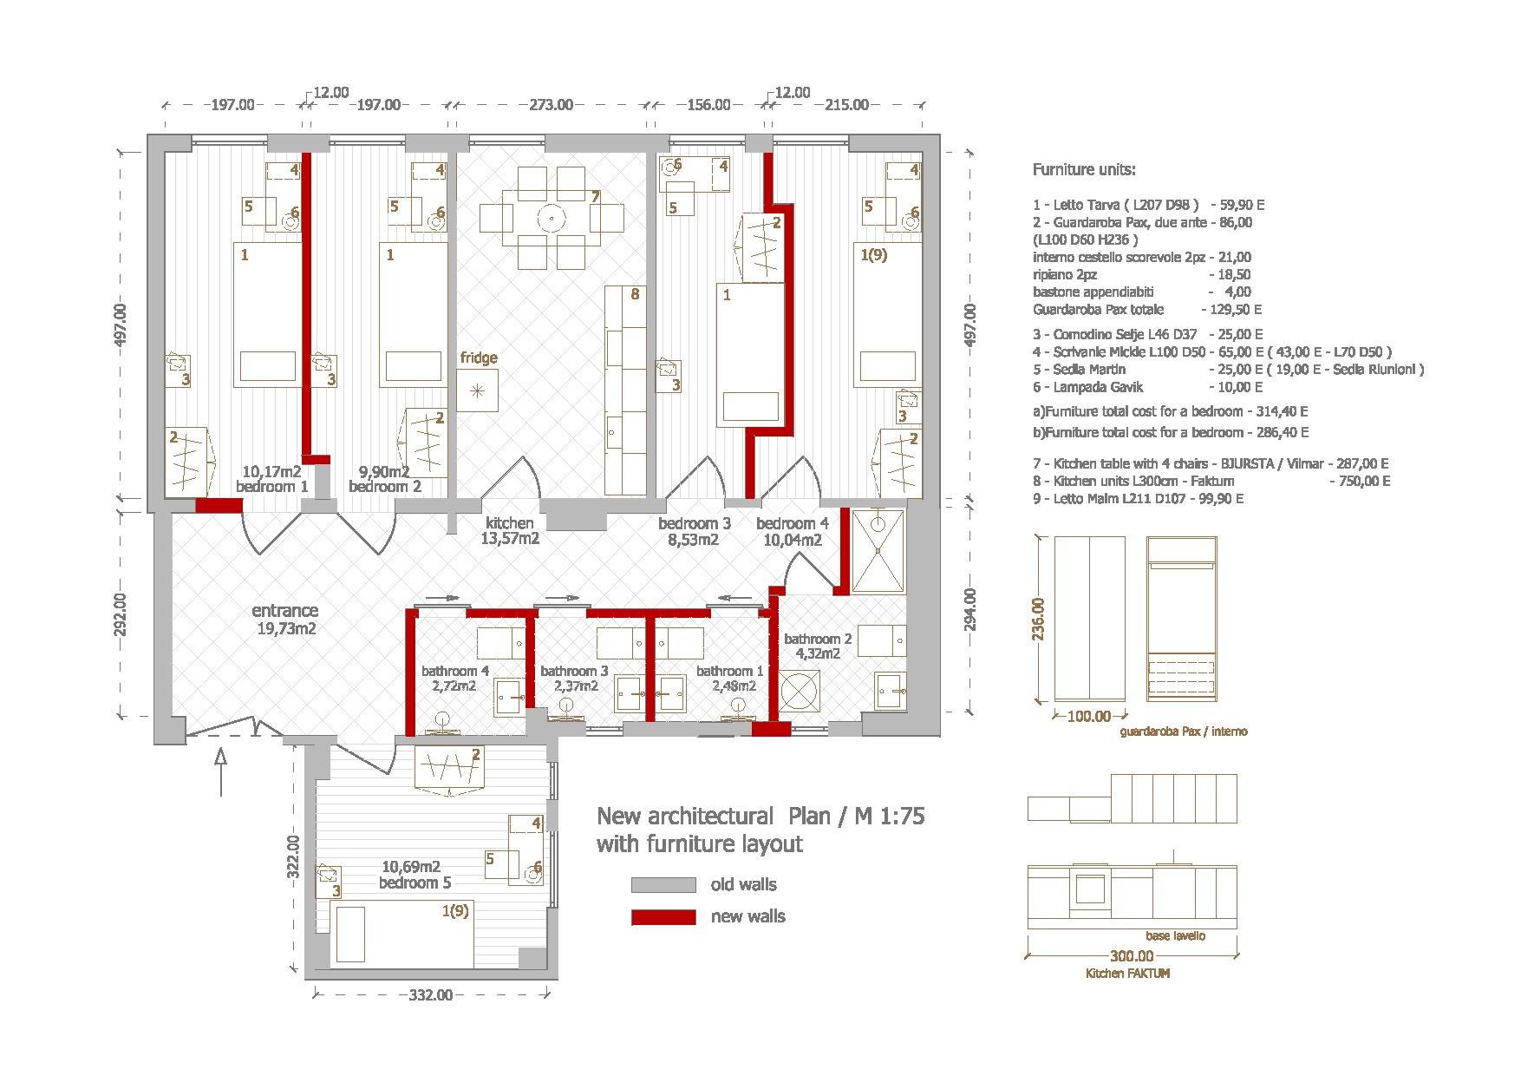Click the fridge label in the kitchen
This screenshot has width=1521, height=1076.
click(x=479, y=358)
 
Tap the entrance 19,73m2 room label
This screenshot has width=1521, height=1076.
click(x=285, y=620)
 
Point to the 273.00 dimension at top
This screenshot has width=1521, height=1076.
click(x=551, y=105)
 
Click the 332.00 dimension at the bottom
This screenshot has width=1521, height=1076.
click(x=430, y=995)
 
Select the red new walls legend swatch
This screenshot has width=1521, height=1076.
click(x=663, y=917)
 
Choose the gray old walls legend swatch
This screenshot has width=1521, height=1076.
click(x=663, y=885)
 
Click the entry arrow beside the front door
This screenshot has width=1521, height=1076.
click(x=220, y=772)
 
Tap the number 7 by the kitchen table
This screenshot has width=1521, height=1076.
click(x=595, y=197)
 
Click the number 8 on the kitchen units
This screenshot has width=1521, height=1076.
click(x=635, y=294)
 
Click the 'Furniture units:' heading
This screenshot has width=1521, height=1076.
click(x=1083, y=170)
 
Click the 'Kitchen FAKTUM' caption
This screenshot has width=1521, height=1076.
click(x=1127, y=974)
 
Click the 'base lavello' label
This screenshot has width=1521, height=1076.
click(x=1175, y=935)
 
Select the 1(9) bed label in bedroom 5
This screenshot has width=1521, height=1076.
click(x=455, y=911)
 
